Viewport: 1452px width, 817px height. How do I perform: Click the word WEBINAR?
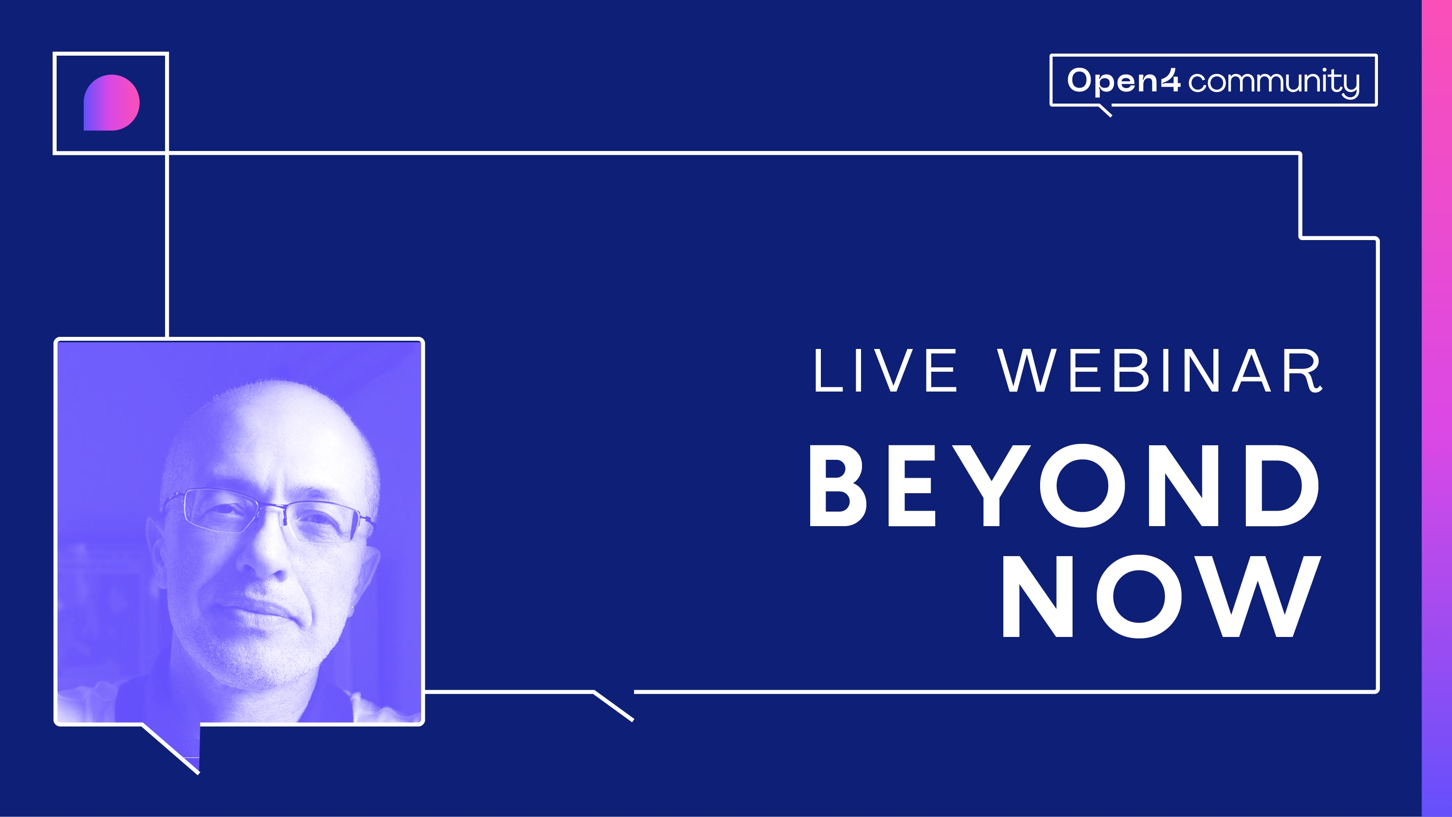pos(1160,370)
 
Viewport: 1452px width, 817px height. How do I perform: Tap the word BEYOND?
pos(1064,485)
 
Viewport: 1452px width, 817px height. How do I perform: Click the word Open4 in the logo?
pos(1123,81)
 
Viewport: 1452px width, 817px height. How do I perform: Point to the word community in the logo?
pos(1274,82)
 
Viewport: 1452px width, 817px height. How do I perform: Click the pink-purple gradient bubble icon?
pos(112,103)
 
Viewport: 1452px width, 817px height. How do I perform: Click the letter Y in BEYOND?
pos(992,485)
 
